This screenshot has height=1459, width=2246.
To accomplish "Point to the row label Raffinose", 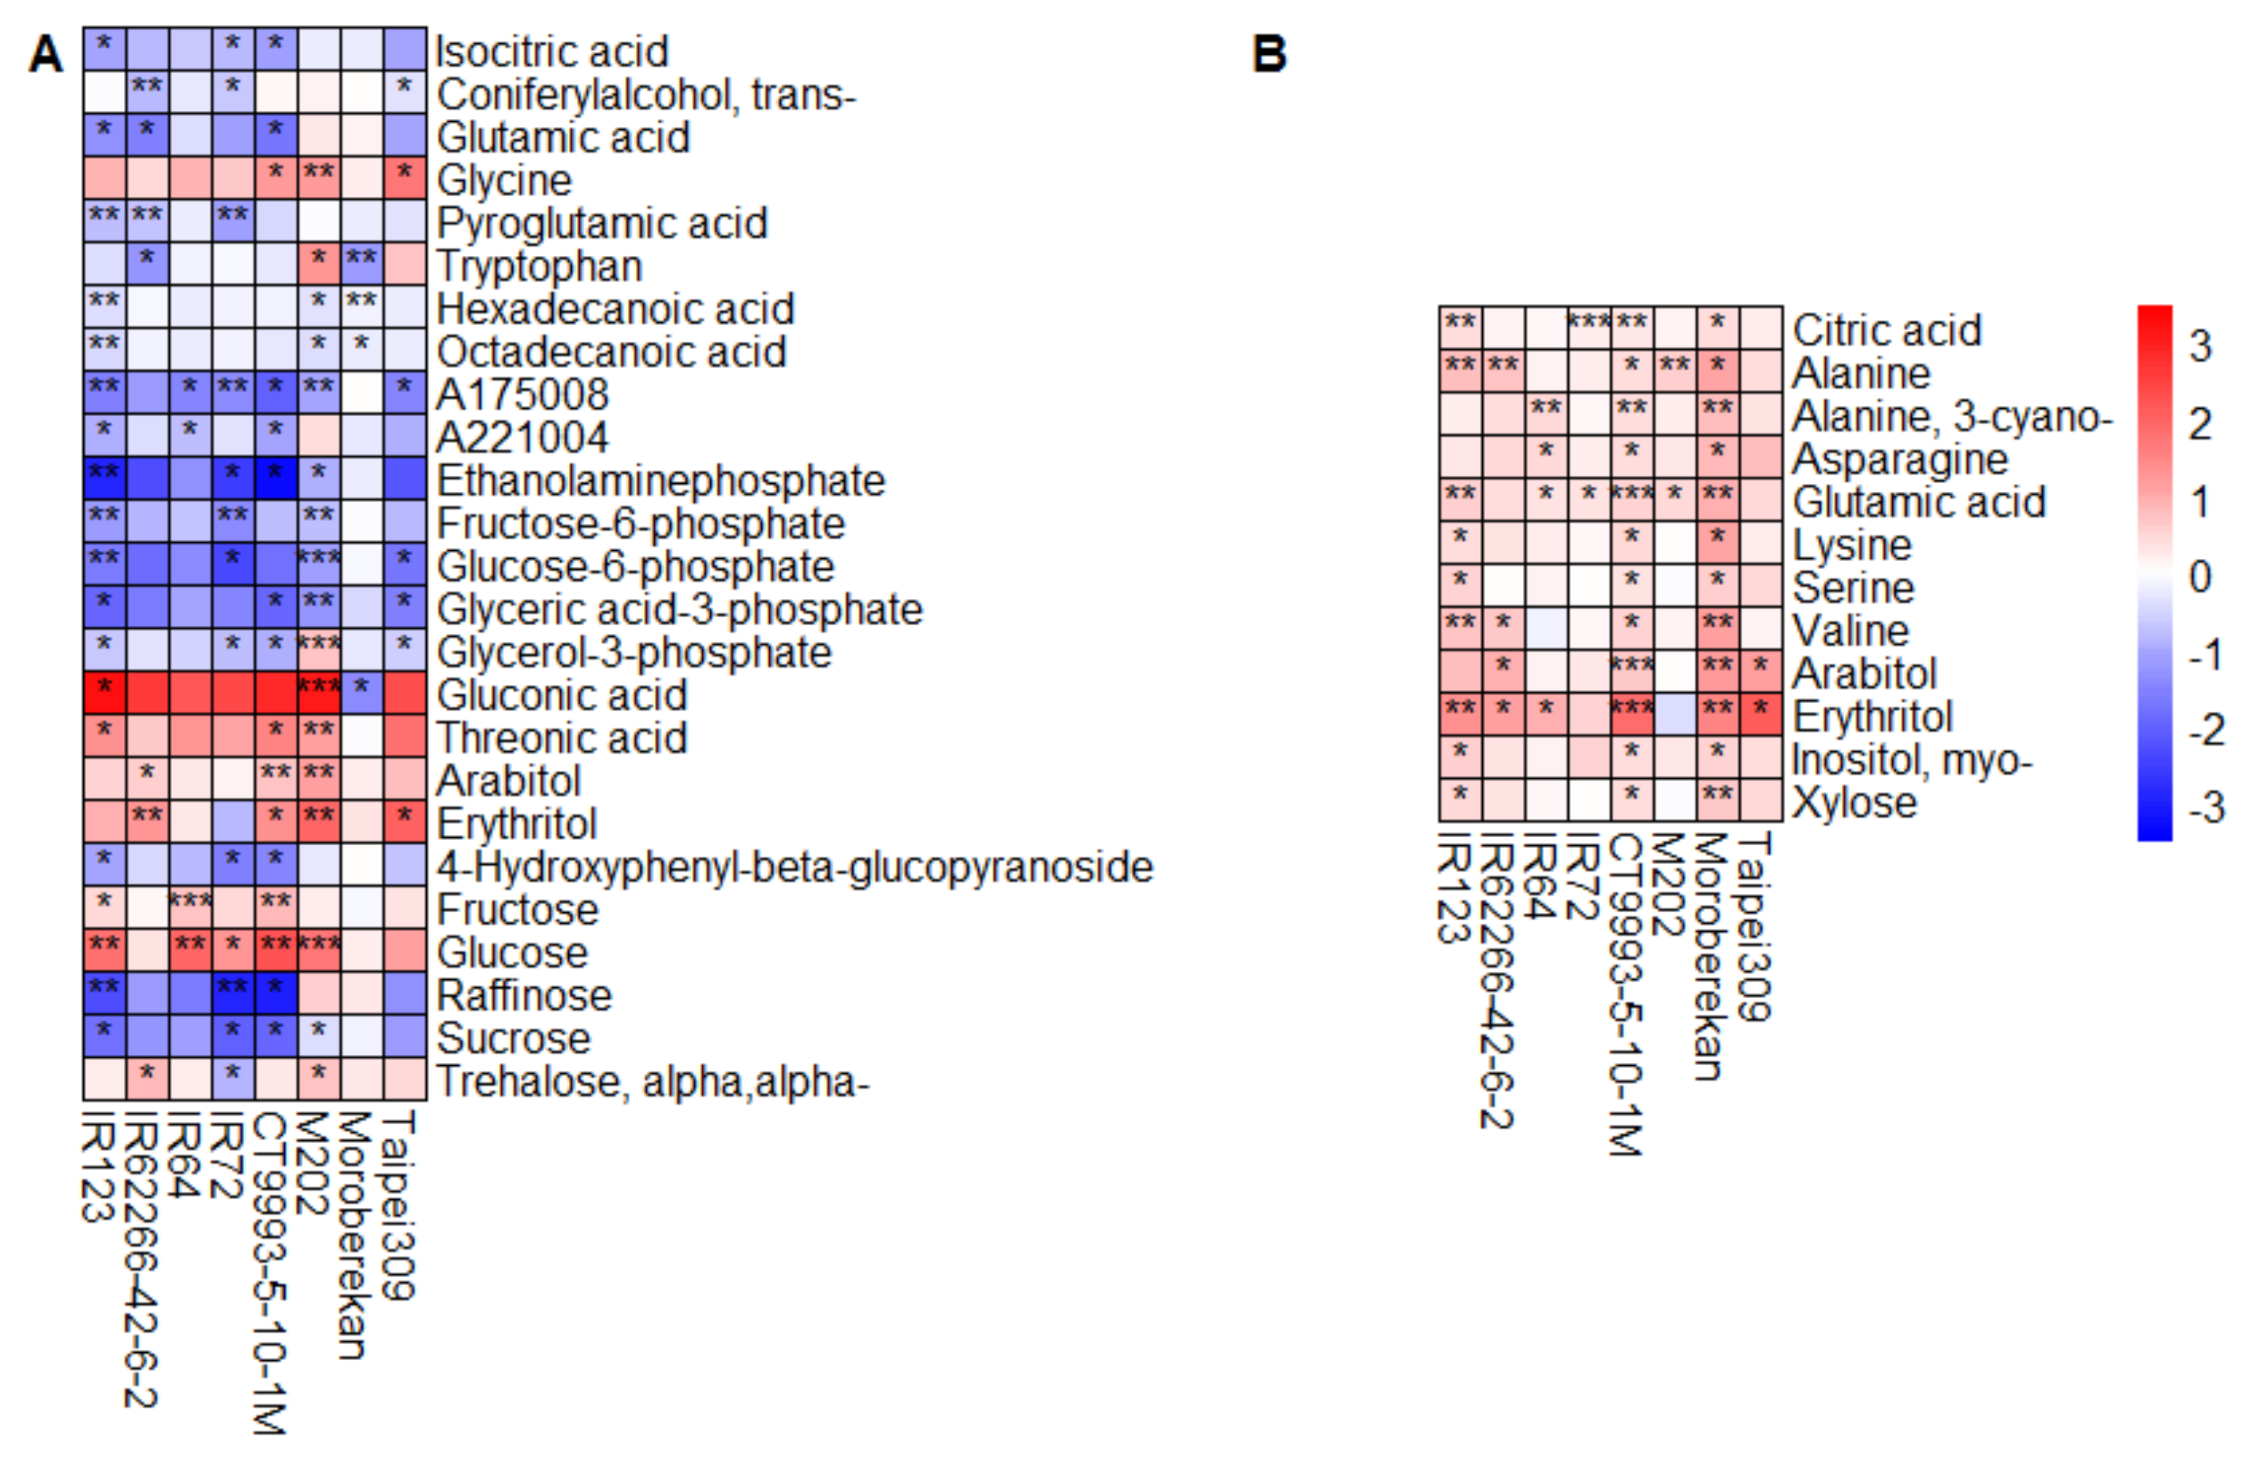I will (524, 995).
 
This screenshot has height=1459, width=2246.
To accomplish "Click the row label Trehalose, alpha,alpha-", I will (652, 1081).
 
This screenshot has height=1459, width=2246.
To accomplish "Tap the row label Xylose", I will (1854, 802).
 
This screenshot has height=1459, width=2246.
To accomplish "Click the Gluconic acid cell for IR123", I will (104, 694).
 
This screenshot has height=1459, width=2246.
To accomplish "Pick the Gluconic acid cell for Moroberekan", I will (361, 694).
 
